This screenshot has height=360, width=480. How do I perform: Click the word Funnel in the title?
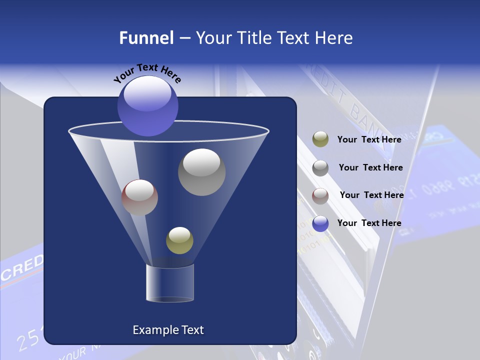(146, 38)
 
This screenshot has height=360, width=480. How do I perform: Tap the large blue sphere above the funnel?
(148, 106)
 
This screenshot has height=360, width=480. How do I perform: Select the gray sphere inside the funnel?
(201, 172)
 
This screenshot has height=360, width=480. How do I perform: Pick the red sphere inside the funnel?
(139, 197)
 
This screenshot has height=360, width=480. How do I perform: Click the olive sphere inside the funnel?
(179, 240)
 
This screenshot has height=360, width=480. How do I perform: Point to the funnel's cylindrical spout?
(169, 283)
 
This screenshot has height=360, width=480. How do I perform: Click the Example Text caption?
(168, 330)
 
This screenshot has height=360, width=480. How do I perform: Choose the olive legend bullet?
(320, 139)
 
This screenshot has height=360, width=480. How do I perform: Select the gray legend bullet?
(320, 168)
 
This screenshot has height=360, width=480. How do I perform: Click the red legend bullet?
(320, 195)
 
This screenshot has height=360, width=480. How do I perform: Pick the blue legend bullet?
(320, 223)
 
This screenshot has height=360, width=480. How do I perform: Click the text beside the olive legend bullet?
(369, 139)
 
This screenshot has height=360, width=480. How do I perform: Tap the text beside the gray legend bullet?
(370, 167)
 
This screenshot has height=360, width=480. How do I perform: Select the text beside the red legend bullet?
(371, 195)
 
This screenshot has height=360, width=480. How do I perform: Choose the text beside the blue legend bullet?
(369, 223)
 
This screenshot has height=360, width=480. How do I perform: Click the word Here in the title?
(335, 38)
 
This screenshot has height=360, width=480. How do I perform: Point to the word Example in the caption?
(153, 330)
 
